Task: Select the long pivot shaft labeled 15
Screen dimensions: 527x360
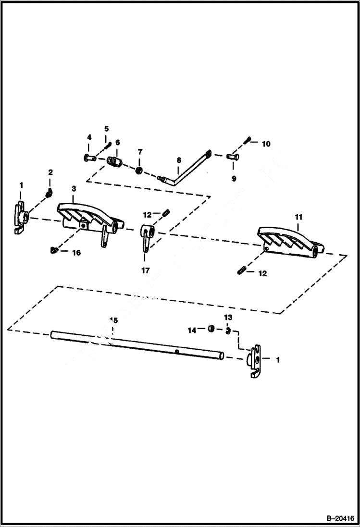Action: click(x=137, y=344)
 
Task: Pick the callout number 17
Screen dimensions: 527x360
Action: click(x=145, y=270)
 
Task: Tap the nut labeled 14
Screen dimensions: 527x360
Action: click(x=211, y=329)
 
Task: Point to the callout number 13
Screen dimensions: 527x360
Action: click(x=228, y=318)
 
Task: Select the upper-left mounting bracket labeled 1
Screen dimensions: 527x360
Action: click(x=20, y=219)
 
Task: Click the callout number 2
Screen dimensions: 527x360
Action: click(x=50, y=172)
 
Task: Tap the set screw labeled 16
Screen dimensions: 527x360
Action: click(x=53, y=249)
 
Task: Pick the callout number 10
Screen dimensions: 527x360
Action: click(x=266, y=143)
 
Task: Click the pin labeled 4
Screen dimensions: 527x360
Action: click(x=88, y=157)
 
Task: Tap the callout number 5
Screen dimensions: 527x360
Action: click(x=106, y=129)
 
